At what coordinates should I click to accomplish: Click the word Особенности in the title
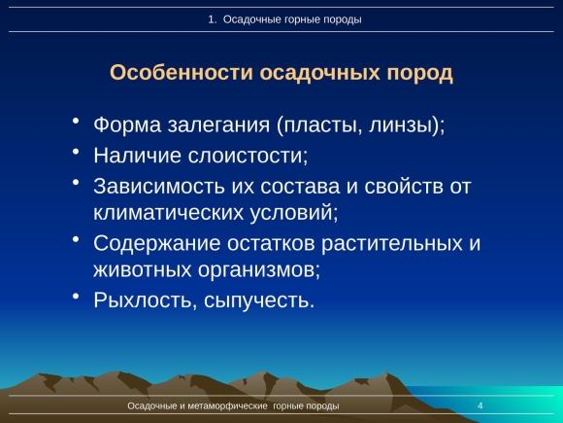pyautogui.click(x=182, y=72)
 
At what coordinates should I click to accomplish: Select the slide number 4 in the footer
pyautogui.click(x=480, y=406)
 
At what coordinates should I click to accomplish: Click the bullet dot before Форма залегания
pyautogui.click(x=76, y=121)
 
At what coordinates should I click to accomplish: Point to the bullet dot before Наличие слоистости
pyautogui.click(x=76, y=151)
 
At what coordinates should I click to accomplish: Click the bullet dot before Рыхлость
pyautogui.click(x=76, y=296)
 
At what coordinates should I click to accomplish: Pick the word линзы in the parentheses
pyautogui.click(x=400, y=125)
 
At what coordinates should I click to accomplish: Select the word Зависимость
pyautogui.click(x=158, y=187)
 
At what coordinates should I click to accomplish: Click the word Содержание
pyautogui.click(x=157, y=243)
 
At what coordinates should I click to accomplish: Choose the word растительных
pyautogui.click(x=392, y=244)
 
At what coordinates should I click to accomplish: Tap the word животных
pyautogui.click(x=143, y=269)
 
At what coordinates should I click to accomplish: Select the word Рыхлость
pyautogui.click(x=143, y=300)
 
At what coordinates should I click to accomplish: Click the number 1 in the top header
pyautogui.click(x=211, y=19)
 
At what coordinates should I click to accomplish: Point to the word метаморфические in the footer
pyautogui.click(x=228, y=406)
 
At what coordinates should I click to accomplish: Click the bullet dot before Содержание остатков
pyautogui.click(x=76, y=239)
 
